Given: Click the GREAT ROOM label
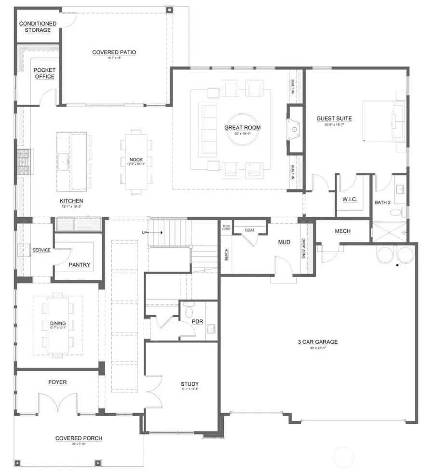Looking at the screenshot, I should click(242, 128).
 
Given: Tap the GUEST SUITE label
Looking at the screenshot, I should click(334, 118).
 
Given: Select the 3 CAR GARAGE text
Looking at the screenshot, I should click(317, 342).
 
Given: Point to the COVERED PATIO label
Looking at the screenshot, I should click(114, 52).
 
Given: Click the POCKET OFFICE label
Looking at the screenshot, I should click(44, 73).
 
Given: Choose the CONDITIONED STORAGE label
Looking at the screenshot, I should click(37, 27).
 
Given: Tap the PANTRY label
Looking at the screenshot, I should click(79, 265).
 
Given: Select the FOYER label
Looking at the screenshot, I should click(57, 382).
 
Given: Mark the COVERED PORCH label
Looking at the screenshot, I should click(79, 438).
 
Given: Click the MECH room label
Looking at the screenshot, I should click(342, 231).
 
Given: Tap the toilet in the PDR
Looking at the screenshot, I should click(189, 309).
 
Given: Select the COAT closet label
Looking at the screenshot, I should click(249, 230).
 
